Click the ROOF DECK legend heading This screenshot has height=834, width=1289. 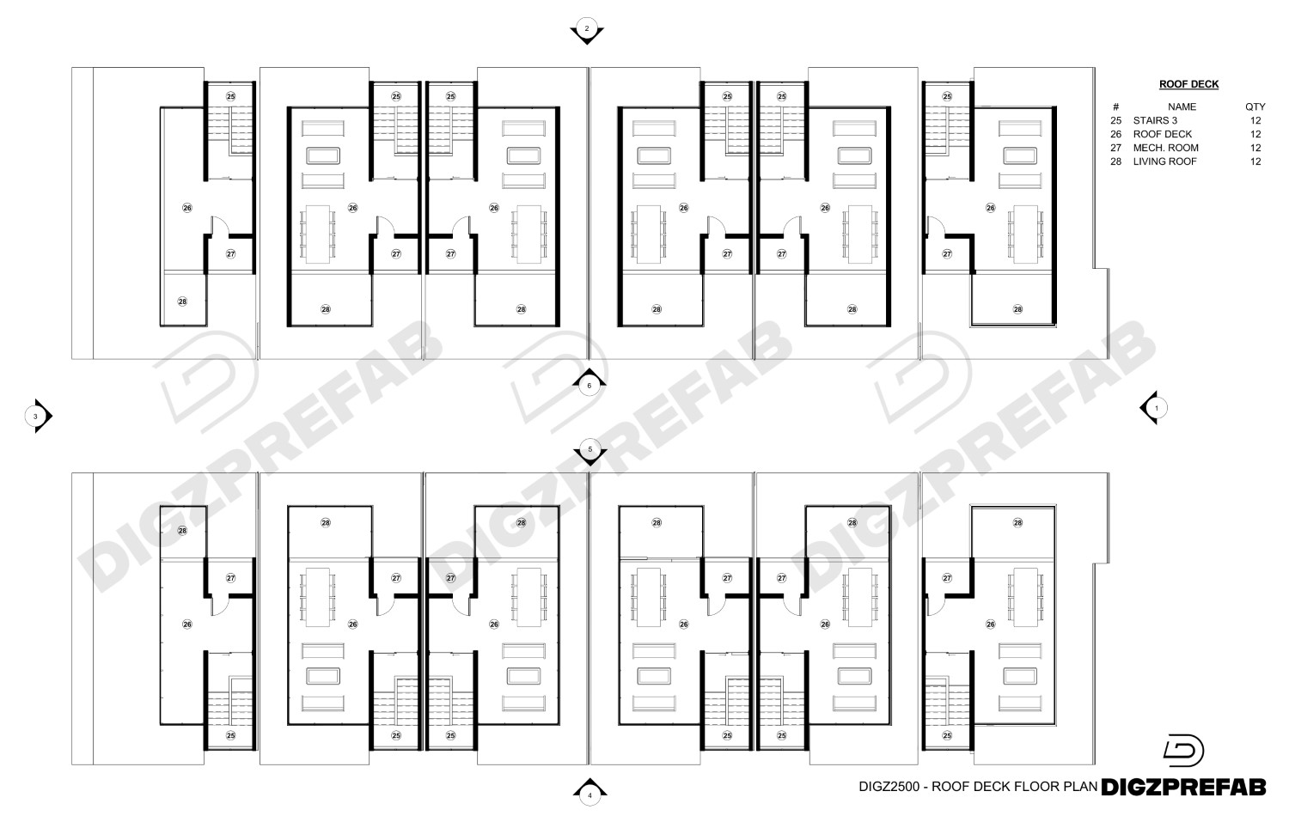point(1188,84)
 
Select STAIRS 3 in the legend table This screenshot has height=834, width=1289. point(1155,120)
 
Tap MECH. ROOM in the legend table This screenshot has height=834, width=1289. point(1166,148)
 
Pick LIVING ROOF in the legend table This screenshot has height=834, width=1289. point(1164,161)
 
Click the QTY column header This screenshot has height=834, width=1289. point(1255,107)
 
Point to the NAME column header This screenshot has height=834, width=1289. point(1182,107)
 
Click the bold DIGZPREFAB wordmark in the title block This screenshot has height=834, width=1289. point(1183,787)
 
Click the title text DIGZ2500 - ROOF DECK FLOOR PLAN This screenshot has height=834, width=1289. point(978,786)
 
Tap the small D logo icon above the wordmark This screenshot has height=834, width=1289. point(1183,751)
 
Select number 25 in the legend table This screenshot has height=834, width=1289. point(1115,120)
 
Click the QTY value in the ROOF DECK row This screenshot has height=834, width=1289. point(1255,134)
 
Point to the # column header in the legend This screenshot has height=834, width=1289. point(1115,107)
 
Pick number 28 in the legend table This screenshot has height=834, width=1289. point(1115,161)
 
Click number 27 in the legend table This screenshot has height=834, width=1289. point(1115,148)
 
